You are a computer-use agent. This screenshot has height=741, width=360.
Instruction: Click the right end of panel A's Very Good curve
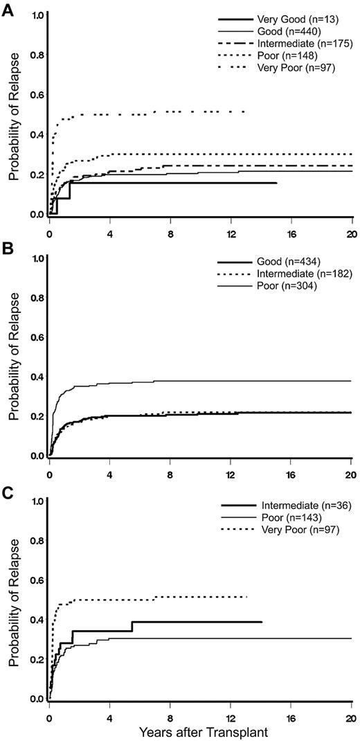(276, 183)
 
